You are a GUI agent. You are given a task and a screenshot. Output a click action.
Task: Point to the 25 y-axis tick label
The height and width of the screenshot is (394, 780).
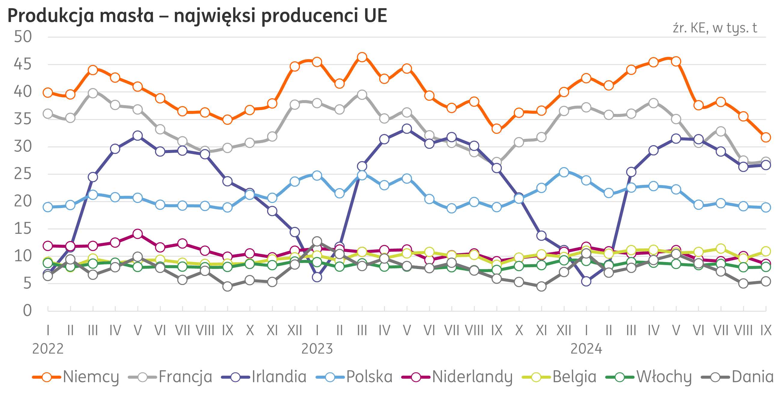coord(23,174)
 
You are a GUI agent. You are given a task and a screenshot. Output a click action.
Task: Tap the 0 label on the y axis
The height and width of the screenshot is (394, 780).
coord(27,311)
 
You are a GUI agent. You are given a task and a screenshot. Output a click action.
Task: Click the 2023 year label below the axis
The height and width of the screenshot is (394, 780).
coord(317,349)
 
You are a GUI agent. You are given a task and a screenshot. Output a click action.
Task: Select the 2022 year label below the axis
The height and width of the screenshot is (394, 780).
coord(48,349)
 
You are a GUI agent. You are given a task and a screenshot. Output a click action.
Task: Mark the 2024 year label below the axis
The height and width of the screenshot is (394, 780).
coord(586,349)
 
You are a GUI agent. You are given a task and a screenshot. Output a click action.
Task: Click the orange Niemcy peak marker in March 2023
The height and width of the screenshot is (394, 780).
coord(362,57)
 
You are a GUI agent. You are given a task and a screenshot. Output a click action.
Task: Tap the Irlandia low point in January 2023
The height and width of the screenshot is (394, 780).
coord(317,277)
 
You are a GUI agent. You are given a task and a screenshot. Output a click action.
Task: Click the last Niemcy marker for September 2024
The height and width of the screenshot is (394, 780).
coord(766,137)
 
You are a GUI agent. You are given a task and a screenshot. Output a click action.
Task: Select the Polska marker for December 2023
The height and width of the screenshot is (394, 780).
coord(564,172)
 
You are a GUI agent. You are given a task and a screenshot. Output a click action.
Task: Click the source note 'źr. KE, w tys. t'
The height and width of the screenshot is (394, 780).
coord(715,28)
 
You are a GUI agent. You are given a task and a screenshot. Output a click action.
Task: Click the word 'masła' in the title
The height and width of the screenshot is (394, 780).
coord(127,16)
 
